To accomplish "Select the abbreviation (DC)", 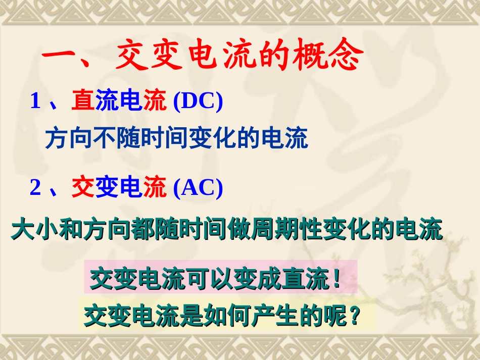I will coord(198,101).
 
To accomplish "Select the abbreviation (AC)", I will coord(198,188).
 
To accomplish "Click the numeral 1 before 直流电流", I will coord(35,101).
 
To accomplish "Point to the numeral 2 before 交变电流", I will coord(35,188).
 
